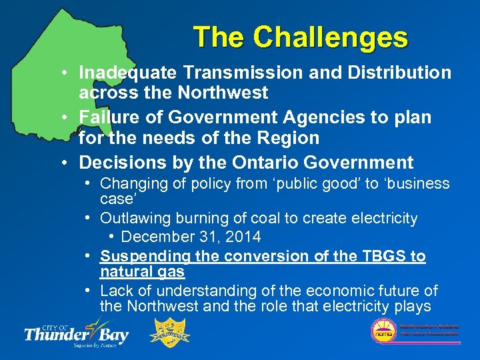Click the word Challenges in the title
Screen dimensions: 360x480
[331, 37]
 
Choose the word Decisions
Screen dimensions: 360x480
[118, 162]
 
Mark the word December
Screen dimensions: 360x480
[154, 237]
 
